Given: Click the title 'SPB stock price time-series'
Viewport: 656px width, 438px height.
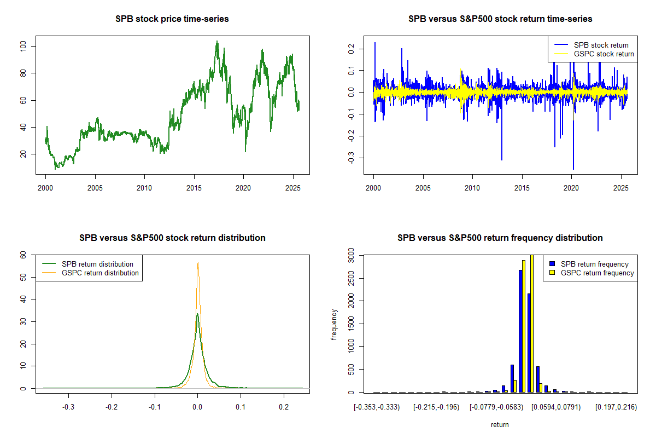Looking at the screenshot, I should click(172, 19).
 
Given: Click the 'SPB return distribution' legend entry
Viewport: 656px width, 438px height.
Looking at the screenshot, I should click(97, 264).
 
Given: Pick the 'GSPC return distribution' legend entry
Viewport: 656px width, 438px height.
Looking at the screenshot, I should click(100, 273).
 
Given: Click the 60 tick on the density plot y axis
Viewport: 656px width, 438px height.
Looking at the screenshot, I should click(24, 255).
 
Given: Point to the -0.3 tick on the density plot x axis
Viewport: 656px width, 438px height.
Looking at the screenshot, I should click(68, 407).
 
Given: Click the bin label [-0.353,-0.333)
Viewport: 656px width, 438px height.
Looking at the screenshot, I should click(377, 407).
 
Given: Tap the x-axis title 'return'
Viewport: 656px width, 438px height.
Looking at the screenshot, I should click(500, 424).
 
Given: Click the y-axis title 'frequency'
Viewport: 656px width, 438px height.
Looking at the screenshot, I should click(334, 325).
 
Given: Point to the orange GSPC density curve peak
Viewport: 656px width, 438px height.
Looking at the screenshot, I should click(198, 263).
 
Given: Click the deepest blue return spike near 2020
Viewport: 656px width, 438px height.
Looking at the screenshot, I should click(573, 169).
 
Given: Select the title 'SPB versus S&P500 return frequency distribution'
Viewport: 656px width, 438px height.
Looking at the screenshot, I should click(500, 238).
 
